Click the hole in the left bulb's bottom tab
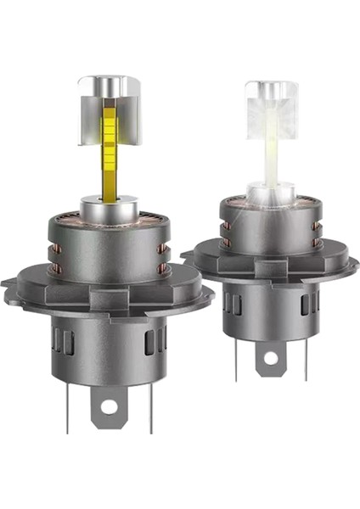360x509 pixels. click(109, 408)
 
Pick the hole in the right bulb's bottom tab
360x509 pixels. click(270, 357)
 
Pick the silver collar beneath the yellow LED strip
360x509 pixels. click(110, 208)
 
